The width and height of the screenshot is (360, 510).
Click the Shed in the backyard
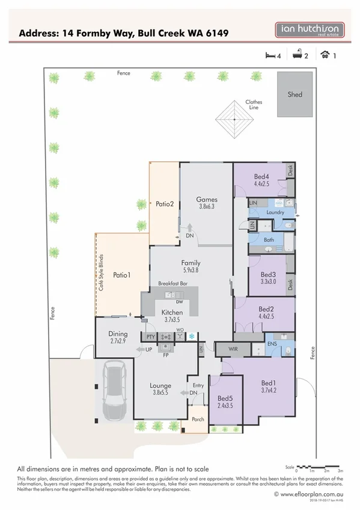point(294,94)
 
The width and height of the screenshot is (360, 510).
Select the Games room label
point(207,200)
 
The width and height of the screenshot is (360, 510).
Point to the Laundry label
point(275,213)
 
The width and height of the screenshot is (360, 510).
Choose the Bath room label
point(269,239)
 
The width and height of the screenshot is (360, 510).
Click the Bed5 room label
point(225,398)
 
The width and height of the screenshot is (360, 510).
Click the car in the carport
point(113,391)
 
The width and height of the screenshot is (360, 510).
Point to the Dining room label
point(118,334)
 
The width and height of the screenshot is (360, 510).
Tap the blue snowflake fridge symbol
point(192,336)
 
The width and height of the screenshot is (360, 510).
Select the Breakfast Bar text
point(173,283)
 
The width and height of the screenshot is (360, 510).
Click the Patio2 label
point(164,204)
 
